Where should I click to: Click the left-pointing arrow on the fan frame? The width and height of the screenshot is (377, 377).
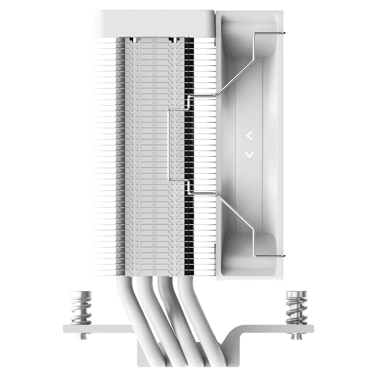(x=250, y=136)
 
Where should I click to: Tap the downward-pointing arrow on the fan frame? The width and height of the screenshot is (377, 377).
(x=250, y=154)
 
